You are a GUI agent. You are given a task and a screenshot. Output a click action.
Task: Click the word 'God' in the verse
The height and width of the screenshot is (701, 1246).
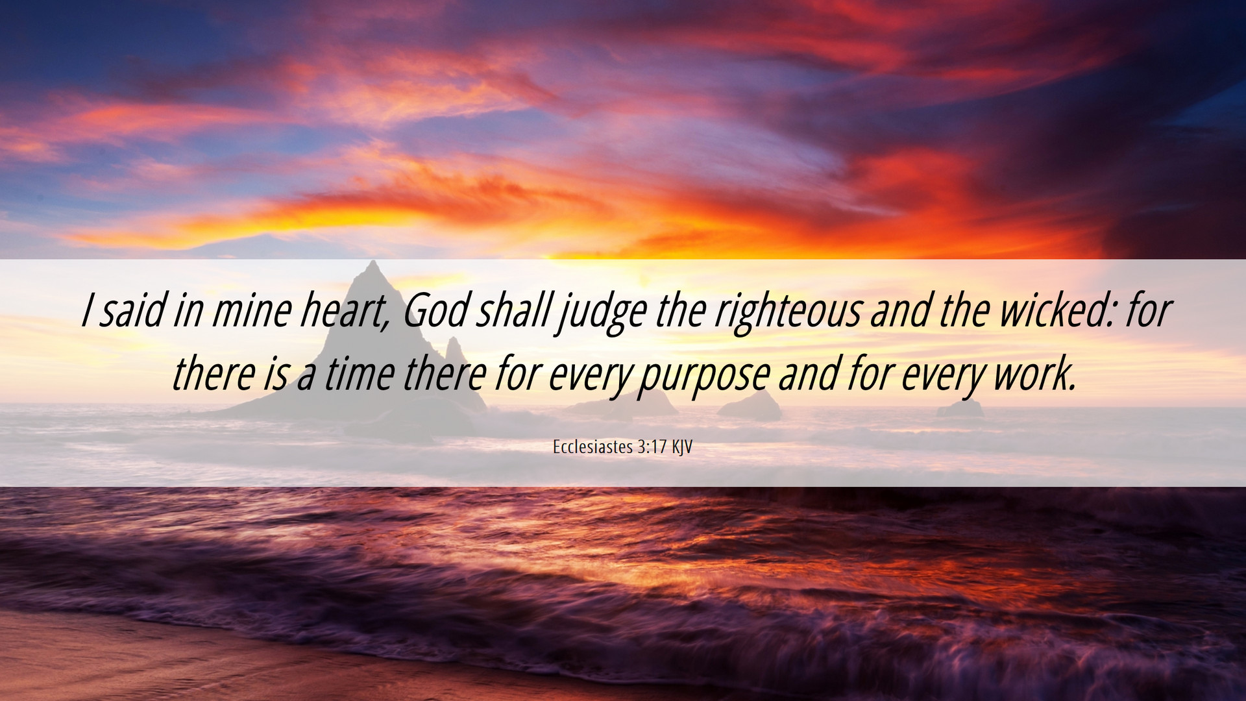point(435,310)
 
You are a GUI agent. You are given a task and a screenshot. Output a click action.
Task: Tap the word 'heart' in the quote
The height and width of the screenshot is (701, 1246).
point(342,310)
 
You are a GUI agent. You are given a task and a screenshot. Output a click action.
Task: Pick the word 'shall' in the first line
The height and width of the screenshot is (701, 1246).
point(513,310)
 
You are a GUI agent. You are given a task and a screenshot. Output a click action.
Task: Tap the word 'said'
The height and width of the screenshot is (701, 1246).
point(132,310)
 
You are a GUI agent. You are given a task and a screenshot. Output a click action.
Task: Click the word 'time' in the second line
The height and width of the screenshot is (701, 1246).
point(359,375)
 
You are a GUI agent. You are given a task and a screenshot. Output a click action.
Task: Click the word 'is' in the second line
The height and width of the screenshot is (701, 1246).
point(275,375)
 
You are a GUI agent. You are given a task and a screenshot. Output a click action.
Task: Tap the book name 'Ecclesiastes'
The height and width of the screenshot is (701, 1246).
point(592,447)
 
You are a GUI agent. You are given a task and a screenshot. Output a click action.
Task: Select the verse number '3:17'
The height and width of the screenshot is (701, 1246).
point(653,447)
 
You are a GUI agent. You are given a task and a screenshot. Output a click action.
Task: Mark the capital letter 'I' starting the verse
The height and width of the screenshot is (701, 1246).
point(86,310)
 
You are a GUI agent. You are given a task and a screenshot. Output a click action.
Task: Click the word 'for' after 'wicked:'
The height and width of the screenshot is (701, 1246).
point(1148,310)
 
